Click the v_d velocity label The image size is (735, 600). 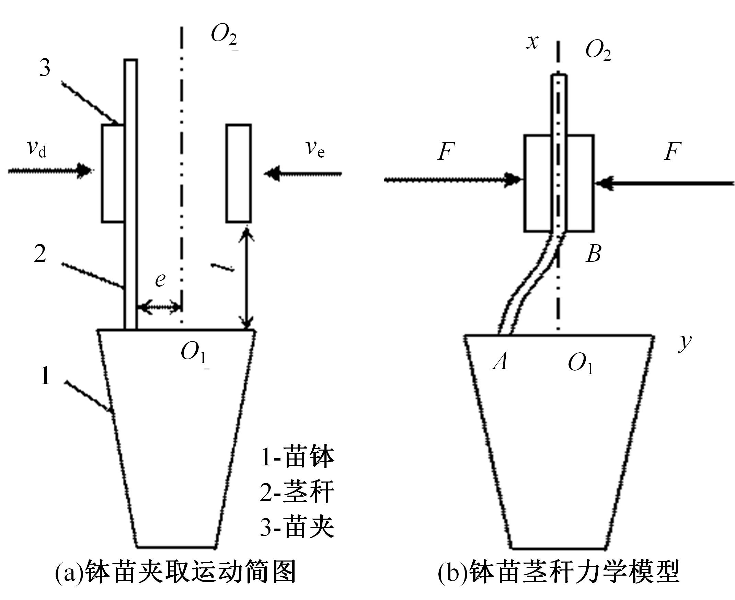[37, 149]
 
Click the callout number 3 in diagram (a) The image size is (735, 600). [45, 68]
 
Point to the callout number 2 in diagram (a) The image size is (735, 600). [40, 254]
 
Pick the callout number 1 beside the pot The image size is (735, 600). [45, 376]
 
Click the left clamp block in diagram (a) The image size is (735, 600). [113, 173]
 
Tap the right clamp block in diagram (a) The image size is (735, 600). [239, 173]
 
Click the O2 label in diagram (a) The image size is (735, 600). [224, 36]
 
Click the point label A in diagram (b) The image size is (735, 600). [500, 362]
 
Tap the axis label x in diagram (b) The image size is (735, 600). [532, 42]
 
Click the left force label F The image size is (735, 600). [446, 151]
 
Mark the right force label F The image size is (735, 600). [673, 151]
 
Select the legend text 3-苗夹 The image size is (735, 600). [297, 528]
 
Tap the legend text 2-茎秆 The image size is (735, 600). [297, 492]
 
